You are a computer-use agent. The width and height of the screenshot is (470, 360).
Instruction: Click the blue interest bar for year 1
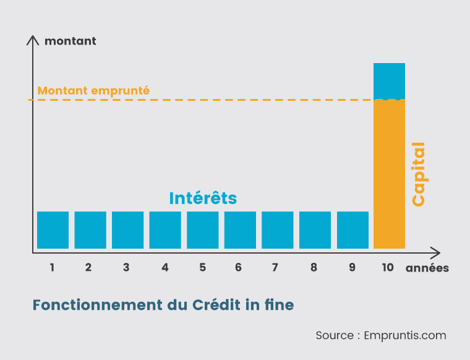tap(53, 230)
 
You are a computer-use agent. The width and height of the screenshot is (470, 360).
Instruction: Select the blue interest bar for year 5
tap(203, 230)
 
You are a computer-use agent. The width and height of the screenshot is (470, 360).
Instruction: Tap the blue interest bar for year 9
tap(352, 230)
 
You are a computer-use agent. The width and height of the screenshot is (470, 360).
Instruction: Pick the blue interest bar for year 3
tap(127, 230)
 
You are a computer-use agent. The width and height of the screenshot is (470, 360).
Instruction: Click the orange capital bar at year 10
tap(389, 174)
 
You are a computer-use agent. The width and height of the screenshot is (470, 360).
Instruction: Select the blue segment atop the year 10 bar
tap(389, 81)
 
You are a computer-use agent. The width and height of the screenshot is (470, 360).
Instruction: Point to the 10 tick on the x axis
tap(388, 268)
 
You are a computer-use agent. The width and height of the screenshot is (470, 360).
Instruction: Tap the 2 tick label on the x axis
tap(88, 268)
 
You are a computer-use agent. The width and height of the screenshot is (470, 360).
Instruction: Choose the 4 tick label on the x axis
tap(164, 268)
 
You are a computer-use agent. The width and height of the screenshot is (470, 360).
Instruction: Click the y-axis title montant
tap(70, 41)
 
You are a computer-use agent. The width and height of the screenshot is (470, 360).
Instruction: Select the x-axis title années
tap(427, 268)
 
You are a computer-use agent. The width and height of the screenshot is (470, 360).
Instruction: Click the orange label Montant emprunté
tap(93, 90)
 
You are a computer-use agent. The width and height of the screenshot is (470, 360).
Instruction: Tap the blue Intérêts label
tap(203, 198)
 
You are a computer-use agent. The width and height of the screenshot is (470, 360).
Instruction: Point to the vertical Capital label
tap(419, 174)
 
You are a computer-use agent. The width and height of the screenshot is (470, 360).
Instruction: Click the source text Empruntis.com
tap(405, 335)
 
